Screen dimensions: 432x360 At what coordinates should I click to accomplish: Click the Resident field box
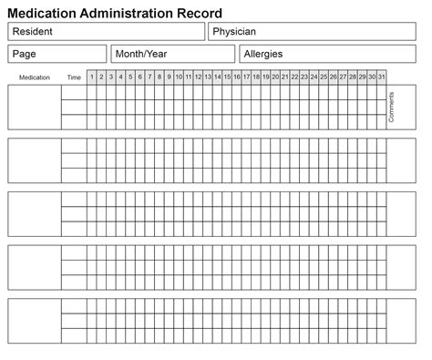[106, 33]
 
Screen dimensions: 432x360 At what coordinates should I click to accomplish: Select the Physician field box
[315, 33]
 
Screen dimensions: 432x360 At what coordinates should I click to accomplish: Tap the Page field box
[57, 54]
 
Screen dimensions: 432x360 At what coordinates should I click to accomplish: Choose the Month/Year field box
[172, 54]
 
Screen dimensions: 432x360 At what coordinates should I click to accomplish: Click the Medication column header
[35, 77]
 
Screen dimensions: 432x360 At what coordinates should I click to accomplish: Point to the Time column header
[74, 77]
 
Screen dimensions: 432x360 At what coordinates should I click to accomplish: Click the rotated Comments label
[392, 107]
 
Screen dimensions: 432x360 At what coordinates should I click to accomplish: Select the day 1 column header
[92, 77]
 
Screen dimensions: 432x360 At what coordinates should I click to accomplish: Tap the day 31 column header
[381, 77]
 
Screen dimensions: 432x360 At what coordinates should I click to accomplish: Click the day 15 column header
[227, 77]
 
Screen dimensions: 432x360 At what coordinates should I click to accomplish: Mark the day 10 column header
[179, 77]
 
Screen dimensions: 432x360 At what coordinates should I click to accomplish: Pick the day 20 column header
[275, 77]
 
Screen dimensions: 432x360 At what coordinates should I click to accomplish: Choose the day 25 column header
[324, 77]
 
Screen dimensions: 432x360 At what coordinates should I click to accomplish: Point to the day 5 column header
[130, 77]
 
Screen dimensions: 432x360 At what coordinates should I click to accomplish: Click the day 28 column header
[353, 77]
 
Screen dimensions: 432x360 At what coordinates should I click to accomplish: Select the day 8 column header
[159, 77]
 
